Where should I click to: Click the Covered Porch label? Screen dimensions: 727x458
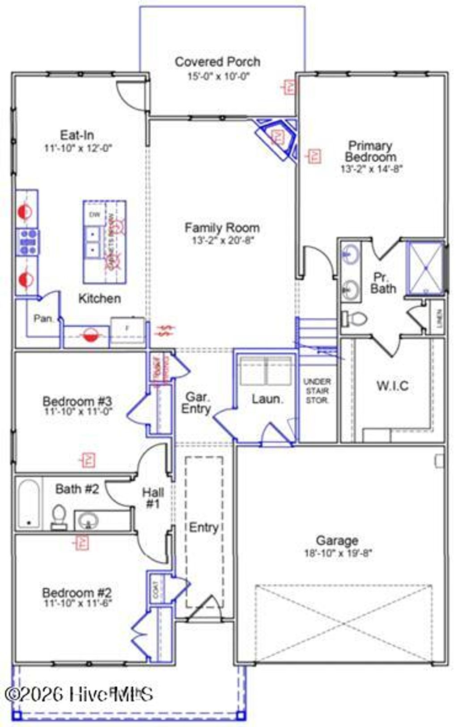(217, 62)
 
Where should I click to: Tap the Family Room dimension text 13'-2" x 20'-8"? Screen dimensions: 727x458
(223, 240)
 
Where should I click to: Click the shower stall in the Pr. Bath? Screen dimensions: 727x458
(425, 268)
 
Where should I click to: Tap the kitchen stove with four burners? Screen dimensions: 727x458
(27, 242)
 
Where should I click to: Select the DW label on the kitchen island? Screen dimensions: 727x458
(94, 215)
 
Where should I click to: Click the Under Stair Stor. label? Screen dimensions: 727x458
(317, 391)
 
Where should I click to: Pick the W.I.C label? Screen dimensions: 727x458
(392, 386)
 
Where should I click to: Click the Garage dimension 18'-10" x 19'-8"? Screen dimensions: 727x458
(338, 553)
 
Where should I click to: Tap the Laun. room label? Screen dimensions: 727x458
(267, 399)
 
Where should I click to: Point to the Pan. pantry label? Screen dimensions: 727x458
(44, 319)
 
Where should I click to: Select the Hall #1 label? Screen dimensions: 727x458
(153, 498)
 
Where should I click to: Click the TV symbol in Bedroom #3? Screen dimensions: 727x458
(89, 460)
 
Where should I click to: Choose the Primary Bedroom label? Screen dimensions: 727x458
(370, 151)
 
